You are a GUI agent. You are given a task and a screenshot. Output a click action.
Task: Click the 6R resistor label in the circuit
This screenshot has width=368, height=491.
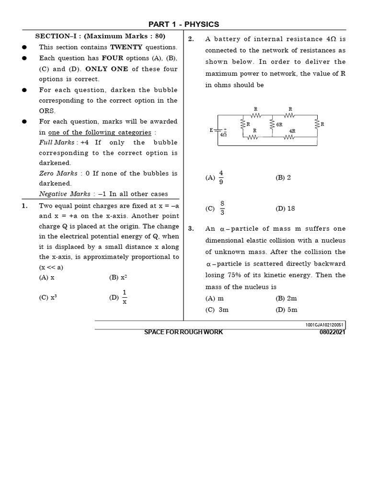pyautogui.click(x=279, y=124)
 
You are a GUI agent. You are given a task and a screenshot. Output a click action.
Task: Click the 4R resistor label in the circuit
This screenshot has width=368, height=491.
pyautogui.click(x=292, y=130)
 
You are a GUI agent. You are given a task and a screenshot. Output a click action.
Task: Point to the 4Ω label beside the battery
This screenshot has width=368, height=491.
pyautogui.click(x=223, y=135)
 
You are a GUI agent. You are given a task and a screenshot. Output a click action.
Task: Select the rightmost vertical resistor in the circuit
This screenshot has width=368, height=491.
pyautogui.click(x=316, y=124)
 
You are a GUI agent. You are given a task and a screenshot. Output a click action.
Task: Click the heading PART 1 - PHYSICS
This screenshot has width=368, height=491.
pyautogui.click(x=184, y=24)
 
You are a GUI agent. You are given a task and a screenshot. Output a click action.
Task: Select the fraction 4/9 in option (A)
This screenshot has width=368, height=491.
pyautogui.click(x=221, y=177)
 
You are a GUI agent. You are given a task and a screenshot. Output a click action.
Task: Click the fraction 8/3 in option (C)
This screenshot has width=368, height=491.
pyautogui.click(x=222, y=209)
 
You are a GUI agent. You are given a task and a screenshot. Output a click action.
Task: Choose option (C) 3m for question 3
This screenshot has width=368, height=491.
pyautogui.click(x=217, y=310)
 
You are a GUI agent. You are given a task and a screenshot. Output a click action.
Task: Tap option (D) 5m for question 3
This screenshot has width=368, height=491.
pyautogui.click(x=287, y=310)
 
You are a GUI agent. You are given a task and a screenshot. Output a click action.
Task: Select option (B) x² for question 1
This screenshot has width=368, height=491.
pyautogui.click(x=118, y=278)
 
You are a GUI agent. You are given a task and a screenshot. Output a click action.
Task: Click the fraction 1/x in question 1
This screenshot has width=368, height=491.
pyautogui.click(x=124, y=297)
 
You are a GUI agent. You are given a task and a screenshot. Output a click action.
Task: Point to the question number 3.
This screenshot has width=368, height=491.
pyautogui.click(x=191, y=229)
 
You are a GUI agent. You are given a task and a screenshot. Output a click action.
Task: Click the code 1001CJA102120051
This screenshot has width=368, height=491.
pyautogui.click(x=324, y=325)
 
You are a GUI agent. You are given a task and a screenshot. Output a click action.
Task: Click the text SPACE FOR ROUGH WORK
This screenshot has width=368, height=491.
pyautogui.click(x=184, y=332)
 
